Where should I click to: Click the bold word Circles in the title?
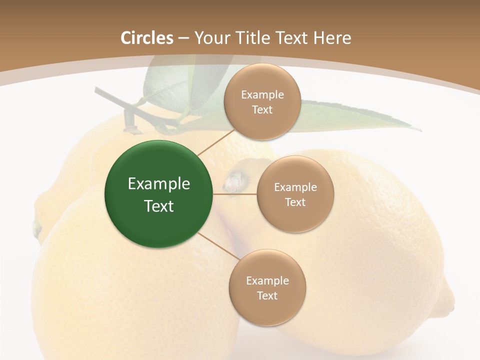(x=147, y=38)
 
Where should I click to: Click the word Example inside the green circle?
(x=159, y=184)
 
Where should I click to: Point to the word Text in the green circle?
(x=159, y=206)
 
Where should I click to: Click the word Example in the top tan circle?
(x=262, y=95)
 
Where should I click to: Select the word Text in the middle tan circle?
(x=295, y=202)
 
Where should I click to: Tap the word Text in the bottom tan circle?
(x=267, y=296)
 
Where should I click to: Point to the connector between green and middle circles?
(x=234, y=194)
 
